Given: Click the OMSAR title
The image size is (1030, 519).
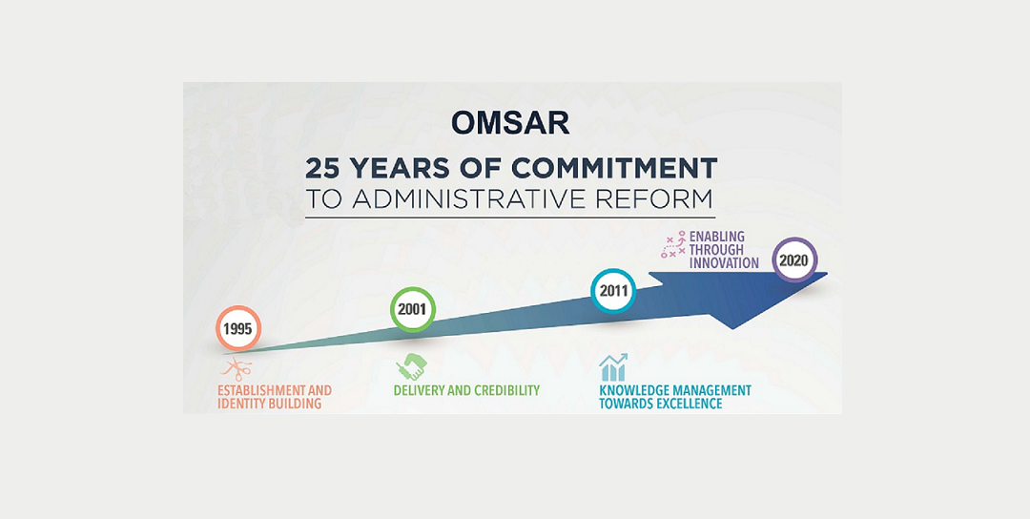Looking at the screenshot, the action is (510, 123).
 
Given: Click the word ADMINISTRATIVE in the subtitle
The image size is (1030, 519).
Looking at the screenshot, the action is (484, 199).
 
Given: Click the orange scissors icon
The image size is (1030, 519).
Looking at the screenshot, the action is (237, 369).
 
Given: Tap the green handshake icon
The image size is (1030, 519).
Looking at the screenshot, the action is (411, 366).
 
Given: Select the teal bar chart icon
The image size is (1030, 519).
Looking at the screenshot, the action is (613, 367).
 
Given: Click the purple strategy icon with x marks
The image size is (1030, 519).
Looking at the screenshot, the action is (673, 243).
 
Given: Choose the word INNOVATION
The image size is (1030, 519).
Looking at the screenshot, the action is (724, 263).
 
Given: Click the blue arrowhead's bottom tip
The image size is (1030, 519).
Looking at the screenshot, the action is (732, 329).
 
